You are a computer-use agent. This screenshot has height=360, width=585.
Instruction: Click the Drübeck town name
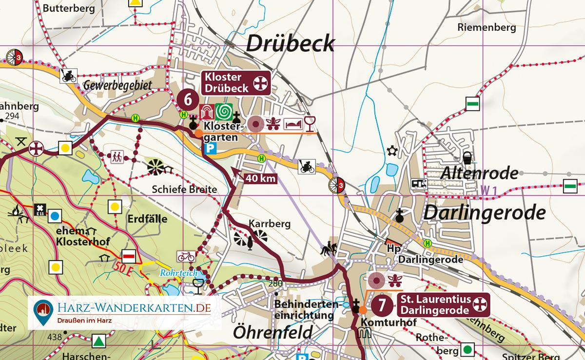click(291, 44)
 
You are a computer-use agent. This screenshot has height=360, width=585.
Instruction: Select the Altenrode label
click(479, 173)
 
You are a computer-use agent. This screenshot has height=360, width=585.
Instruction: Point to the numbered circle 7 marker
click(382, 305)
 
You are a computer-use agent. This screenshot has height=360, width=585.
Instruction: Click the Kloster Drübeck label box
click(236, 83)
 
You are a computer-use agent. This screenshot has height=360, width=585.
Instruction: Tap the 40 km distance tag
click(260, 179)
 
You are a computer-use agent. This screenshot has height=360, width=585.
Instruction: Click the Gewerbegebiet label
click(117, 86)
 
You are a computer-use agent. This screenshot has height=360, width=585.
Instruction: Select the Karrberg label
click(270, 224)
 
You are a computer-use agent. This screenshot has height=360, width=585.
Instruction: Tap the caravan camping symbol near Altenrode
click(420, 183)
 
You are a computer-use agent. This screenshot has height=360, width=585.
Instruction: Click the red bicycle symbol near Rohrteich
click(186, 256)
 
